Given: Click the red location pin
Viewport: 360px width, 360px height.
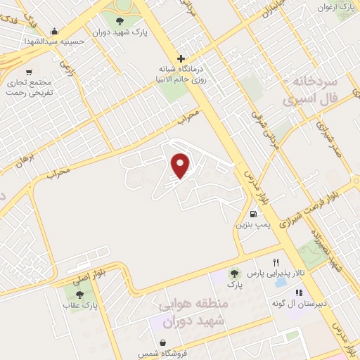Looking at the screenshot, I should (181, 165).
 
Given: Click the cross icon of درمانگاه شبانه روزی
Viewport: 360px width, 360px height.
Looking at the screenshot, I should (181, 58).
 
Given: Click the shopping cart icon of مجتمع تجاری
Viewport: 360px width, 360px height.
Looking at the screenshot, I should (29, 72).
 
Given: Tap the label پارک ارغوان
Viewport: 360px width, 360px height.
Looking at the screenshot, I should (335, 7).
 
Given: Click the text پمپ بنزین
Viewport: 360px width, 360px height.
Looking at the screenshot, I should (252, 226).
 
